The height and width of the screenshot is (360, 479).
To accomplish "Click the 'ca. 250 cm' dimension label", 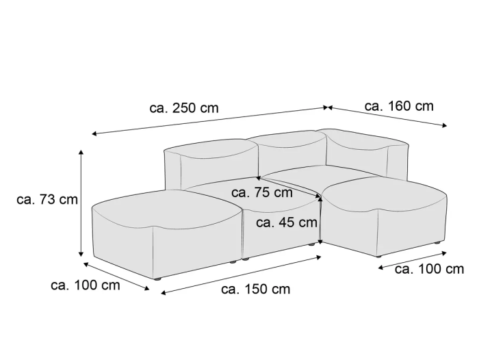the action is tap(184, 108).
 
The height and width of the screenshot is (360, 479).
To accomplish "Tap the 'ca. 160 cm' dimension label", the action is tap(399, 106).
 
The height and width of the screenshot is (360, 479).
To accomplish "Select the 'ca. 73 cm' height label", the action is tap(47, 200).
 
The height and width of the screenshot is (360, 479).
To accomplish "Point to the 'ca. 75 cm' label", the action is tap(262, 192).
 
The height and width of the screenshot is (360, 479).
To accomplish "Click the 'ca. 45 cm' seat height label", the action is tap(287, 222).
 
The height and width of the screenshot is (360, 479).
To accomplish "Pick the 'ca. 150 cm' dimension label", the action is tap(255, 289).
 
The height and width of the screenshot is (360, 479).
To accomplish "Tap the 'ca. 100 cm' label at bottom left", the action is tap(86, 285).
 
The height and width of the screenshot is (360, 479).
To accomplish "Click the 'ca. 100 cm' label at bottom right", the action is tap(429, 269).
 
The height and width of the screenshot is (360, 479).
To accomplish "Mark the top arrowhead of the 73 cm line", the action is tap(81, 152).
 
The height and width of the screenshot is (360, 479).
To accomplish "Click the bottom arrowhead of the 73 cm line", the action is tap(81, 255).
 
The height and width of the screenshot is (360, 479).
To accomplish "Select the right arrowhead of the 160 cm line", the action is tap(445, 125).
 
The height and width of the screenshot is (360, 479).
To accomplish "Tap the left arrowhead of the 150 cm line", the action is tap(163, 293).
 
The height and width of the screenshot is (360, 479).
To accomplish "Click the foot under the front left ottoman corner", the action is tap(157, 279).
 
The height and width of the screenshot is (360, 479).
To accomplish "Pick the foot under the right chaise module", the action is tap(437, 243).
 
